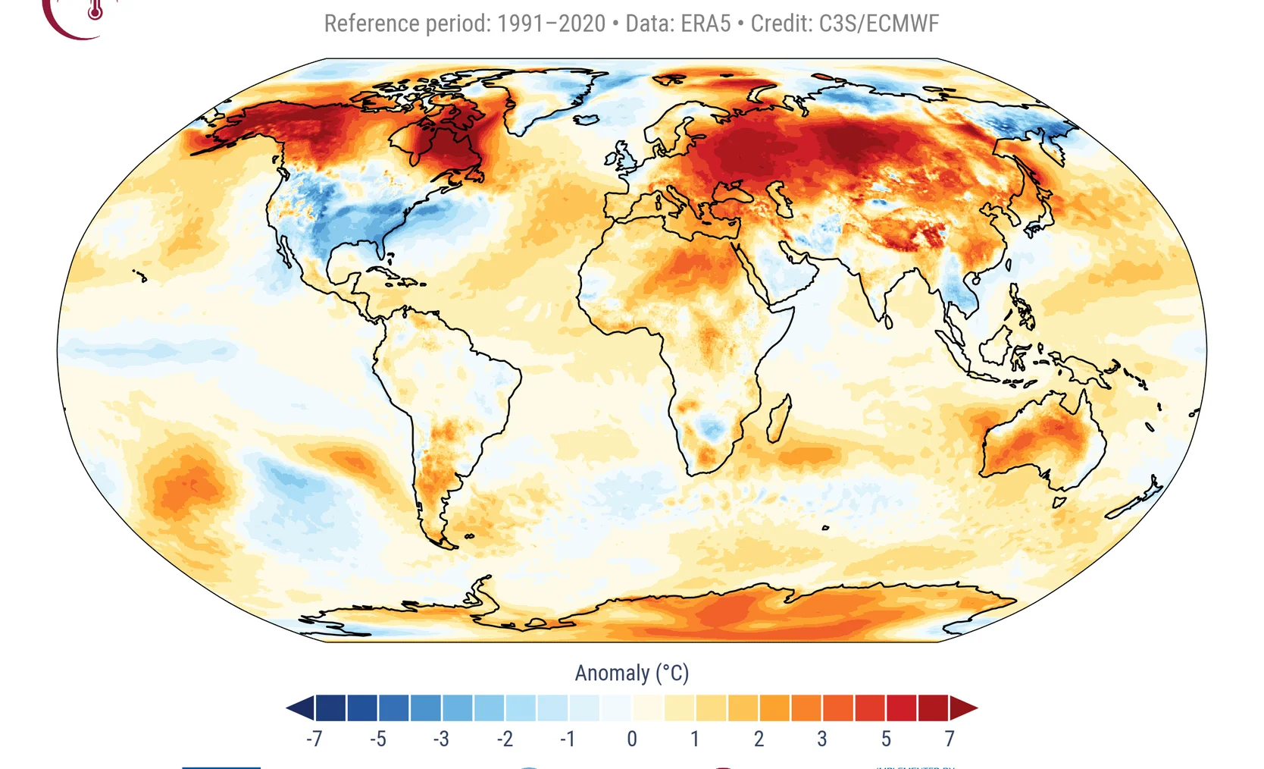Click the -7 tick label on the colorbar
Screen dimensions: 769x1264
(x=314, y=739)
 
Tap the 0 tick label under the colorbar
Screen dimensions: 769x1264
(x=632, y=739)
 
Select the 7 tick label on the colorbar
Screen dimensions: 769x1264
(x=950, y=739)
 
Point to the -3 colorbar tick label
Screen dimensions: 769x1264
(x=441, y=739)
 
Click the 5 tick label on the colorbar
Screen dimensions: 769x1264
(x=886, y=739)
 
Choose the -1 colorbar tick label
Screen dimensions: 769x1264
(x=568, y=739)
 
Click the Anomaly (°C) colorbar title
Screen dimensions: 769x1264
(x=632, y=673)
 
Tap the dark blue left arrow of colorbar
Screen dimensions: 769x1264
(x=300, y=708)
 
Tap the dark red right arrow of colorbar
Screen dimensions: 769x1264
(x=964, y=708)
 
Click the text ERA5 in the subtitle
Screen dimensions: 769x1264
(x=706, y=24)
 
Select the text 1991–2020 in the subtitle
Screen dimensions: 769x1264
(x=551, y=24)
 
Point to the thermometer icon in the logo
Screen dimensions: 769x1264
(x=95, y=10)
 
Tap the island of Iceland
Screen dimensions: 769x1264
(x=587, y=119)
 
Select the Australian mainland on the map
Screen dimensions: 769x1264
(x=1042, y=440)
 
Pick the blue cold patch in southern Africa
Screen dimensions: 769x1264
(x=712, y=429)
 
